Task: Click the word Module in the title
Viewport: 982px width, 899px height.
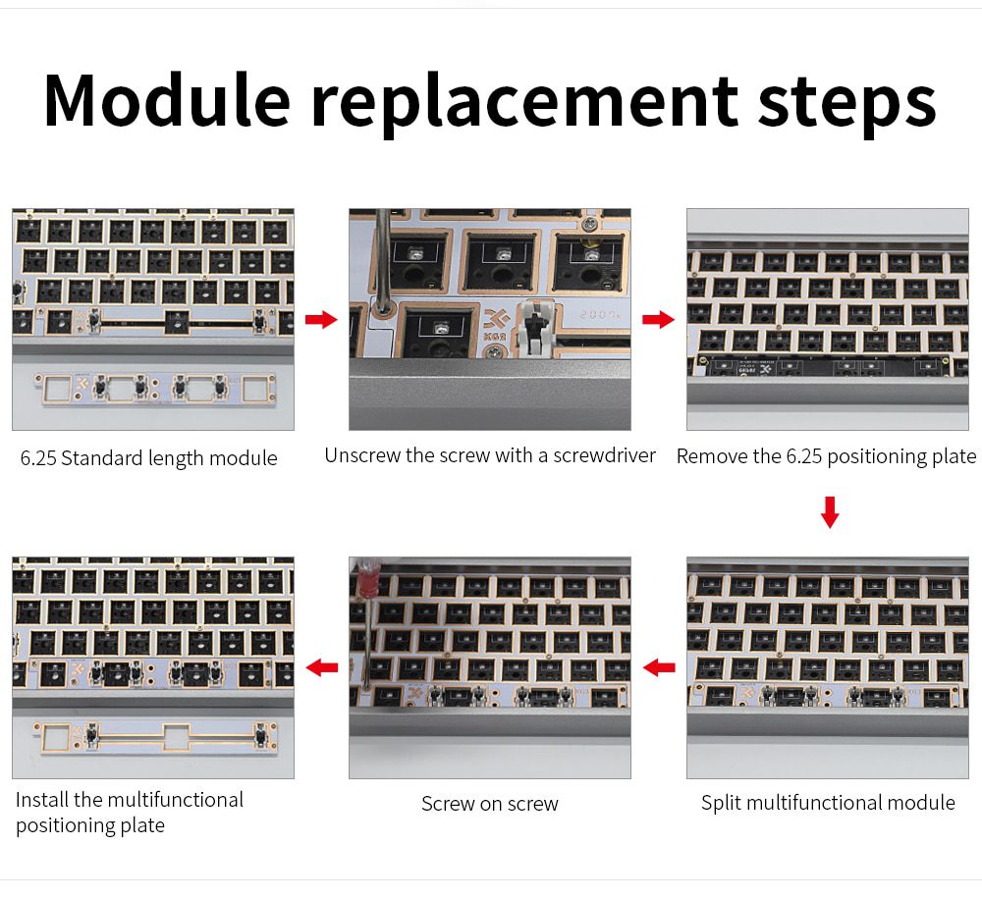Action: click(x=167, y=100)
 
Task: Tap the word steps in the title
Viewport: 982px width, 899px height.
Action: click(x=846, y=100)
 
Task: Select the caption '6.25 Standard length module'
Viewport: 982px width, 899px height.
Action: click(x=149, y=458)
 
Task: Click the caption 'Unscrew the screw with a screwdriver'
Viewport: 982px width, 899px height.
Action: click(x=490, y=455)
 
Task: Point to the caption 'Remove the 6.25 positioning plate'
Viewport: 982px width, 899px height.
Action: click(x=826, y=456)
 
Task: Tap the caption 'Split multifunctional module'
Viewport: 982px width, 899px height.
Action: click(x=828, y=803)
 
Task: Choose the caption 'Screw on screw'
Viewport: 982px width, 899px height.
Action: click(x=490, y=804)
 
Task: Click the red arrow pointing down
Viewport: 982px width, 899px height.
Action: click(x=830, y=511)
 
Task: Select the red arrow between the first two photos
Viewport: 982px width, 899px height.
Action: click(x=321, y=320)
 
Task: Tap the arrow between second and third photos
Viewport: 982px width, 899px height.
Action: click(x=658, y=320)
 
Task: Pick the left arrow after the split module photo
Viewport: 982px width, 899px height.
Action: click(x=659, y=668)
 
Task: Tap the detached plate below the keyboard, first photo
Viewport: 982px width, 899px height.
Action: click(x=153, y=389)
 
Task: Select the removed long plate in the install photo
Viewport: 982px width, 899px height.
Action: click(x=153, y=736)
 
